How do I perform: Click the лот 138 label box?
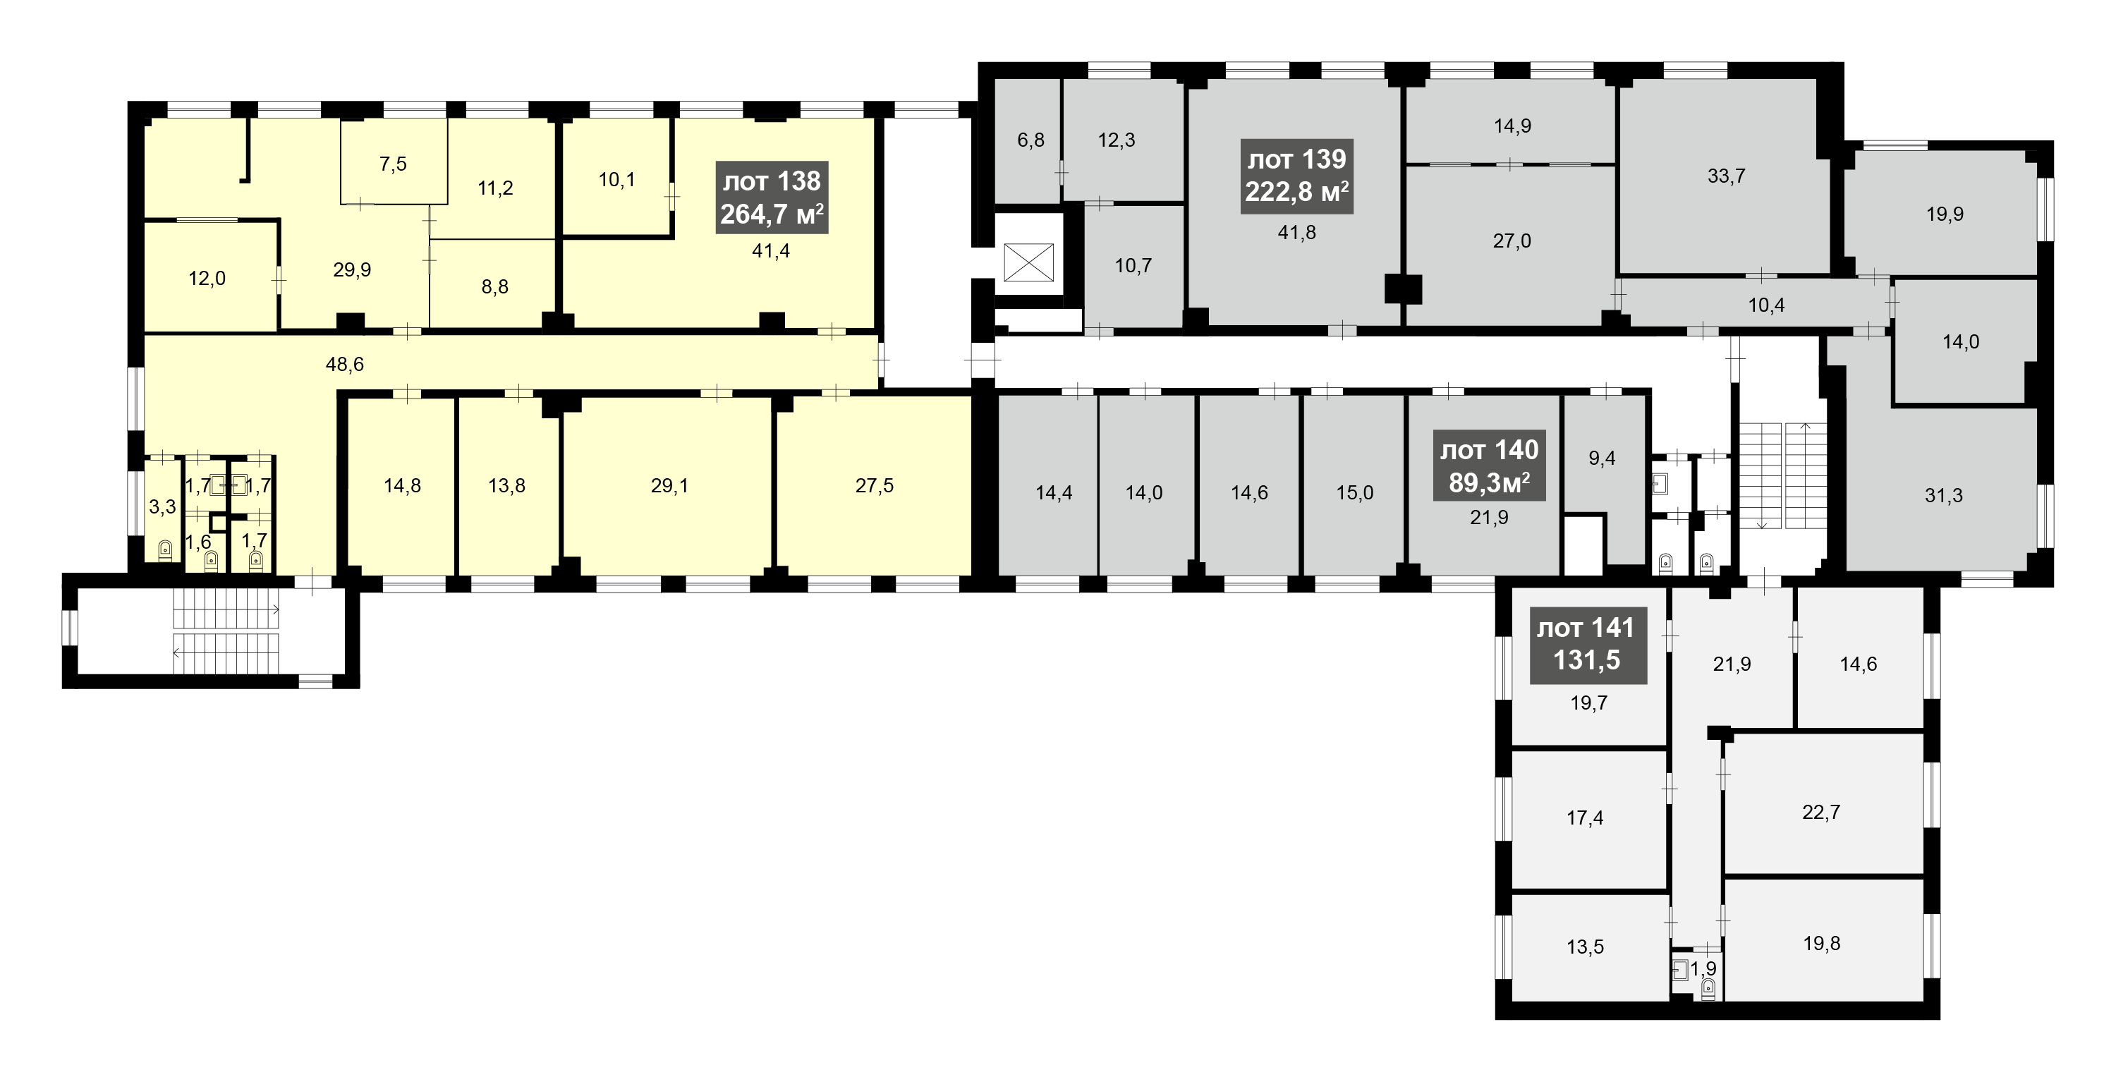(x=772, y=197)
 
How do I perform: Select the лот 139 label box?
(x=1297, y=176)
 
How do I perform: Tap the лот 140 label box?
(x=1489, y=466)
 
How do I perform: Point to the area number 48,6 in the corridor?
(x=345, y=364)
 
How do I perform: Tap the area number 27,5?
(x=874, y=485)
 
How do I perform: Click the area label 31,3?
(x=1943, y=495)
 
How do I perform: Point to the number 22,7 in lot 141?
(x=1821, y=812)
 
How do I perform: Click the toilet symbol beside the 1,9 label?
(x=1708, y=988)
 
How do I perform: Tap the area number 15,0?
(x=1354, y=493)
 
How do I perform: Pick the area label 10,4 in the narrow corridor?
(x=1766, y=305)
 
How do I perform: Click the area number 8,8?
(x=494, y=287)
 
